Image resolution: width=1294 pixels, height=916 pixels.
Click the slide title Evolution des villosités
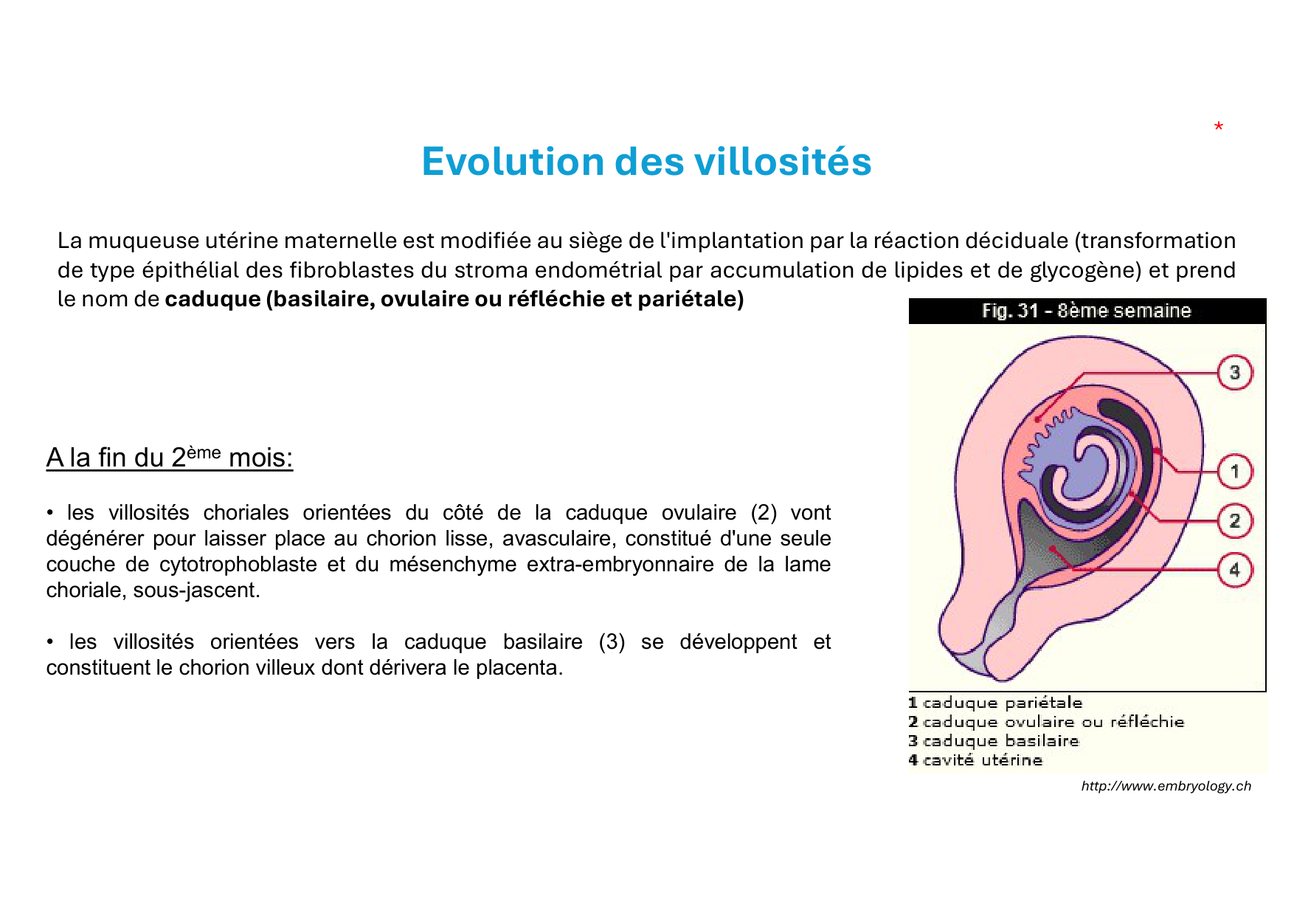(x=646, y=161)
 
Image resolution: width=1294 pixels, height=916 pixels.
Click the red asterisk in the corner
(x=1219, y=127)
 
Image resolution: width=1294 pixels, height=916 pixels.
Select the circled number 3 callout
(x=1234, y=373)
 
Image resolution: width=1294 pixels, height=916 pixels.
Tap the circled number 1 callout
(x=1234, y=471)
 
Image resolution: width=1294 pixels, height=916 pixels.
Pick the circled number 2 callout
(x=1234, y=521)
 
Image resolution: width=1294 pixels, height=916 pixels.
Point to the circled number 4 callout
(x=1234, y=570)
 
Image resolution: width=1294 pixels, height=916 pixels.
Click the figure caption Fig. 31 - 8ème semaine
(x=1086, y=311)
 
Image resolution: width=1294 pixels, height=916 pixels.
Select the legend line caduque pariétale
(x=995, y=703)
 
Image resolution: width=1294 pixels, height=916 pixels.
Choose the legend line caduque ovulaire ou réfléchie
(x=1046, y=722)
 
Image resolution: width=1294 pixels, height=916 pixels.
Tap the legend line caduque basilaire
(x=994, y=741)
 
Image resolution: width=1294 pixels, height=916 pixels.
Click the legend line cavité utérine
(x=975, y=760)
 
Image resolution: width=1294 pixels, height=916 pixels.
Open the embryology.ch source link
(x=1166, y=786)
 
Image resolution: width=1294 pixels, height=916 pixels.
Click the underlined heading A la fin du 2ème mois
(x=170, y=458)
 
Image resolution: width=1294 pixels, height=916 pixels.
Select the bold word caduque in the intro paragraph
(x=213, y=300)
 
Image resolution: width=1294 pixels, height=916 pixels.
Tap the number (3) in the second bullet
(x=612, y=642)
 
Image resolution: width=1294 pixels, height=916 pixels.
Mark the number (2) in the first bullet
(x=764, y=513)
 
